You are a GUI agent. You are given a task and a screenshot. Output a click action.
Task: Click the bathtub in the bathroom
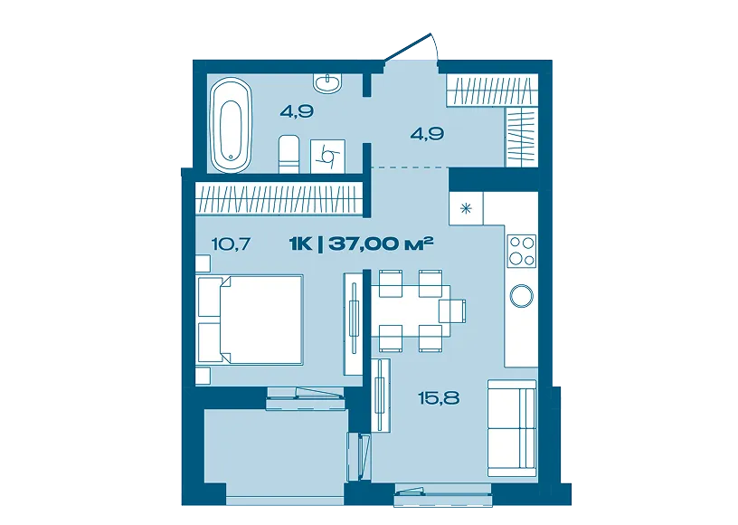pos(231,125)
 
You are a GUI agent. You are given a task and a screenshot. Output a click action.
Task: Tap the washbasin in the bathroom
pos(327,83)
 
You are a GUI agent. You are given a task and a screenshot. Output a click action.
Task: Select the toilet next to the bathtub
pos(289,155)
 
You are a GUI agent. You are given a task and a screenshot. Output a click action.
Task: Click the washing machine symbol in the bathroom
pos(328,157)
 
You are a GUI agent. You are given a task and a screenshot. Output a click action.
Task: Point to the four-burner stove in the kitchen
pos(522,251)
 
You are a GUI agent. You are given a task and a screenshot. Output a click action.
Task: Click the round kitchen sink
pos(522,296)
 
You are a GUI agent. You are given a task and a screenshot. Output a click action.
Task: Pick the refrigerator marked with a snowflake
pos(466,208)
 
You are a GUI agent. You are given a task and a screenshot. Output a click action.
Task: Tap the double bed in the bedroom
pos(250,320)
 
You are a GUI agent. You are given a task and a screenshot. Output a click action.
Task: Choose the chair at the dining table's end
pos(452,310)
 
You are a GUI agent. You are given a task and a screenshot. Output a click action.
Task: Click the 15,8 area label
pos(439,399)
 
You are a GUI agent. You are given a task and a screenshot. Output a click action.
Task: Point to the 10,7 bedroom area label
pos(232,243)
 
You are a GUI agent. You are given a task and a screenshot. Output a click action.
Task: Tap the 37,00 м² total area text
pos(381,243)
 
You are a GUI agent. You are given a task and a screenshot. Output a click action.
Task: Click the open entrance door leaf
pos(408,47)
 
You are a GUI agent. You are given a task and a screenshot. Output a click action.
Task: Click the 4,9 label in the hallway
pos(427,134)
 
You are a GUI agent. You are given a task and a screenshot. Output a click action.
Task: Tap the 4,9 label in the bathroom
pos(297,111)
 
